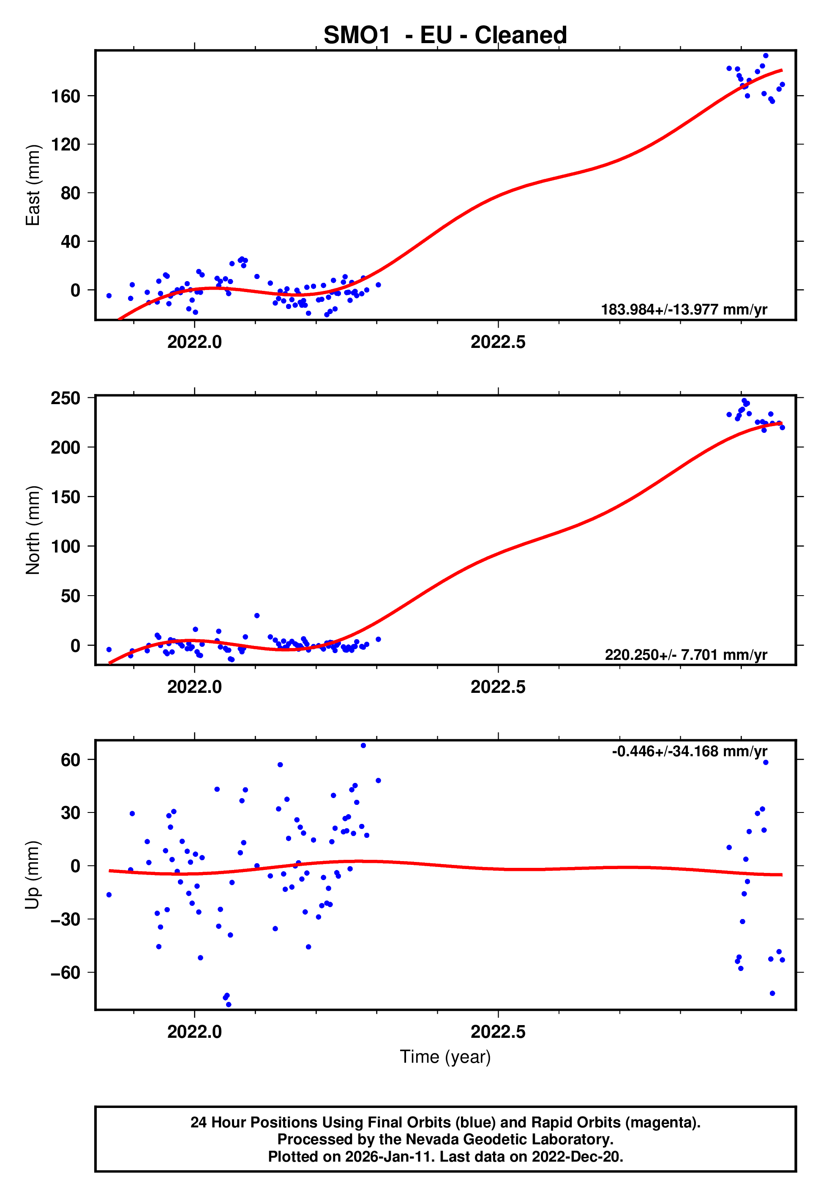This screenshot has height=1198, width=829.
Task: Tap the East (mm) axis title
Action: (33, 185)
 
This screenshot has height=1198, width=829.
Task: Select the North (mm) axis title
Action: (33, 530)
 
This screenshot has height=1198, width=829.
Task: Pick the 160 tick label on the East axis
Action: (65, 96)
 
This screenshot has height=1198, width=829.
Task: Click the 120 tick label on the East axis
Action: (65, 145)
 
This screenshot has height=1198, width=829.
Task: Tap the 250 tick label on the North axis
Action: (65, 399)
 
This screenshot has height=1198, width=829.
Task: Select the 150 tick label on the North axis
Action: (65, 497)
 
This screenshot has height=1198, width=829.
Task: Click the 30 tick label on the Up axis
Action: (70, 812)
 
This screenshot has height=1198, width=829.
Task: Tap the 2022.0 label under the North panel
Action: (194, 687)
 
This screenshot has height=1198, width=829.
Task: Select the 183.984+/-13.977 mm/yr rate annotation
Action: (684, 309)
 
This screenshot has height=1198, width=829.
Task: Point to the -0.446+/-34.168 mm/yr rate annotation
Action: (689, 751)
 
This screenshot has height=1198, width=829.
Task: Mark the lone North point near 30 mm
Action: (256, 615)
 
